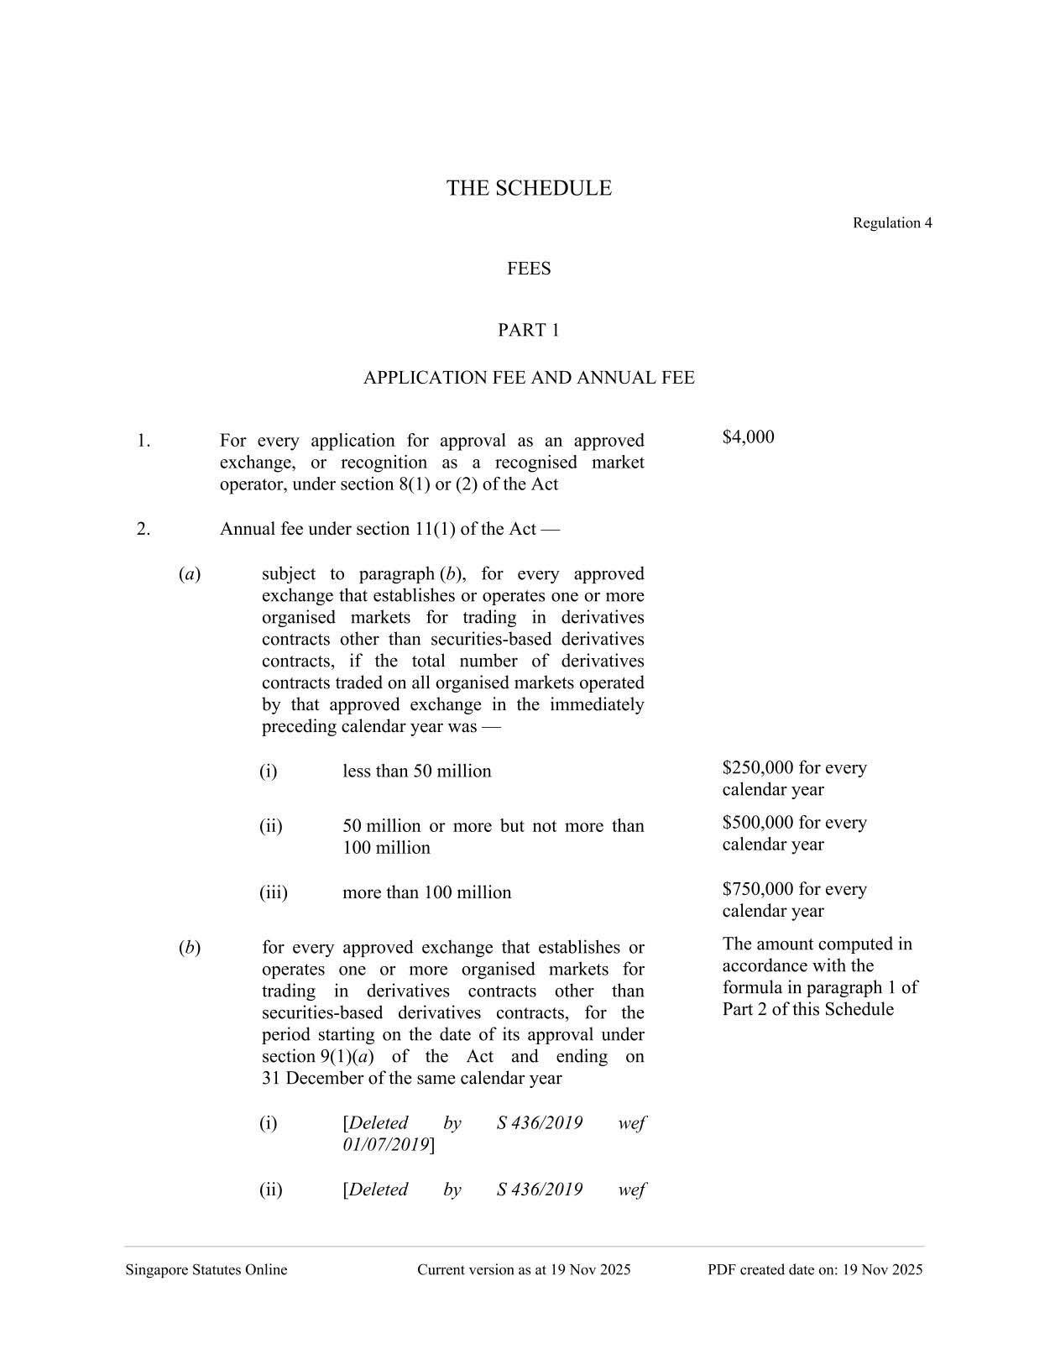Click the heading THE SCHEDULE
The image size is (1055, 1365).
pyautogui.click(x=528, y=188)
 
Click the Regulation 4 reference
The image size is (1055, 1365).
pyautogui.click(x=891, y=223)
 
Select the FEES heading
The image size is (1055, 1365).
pyautogui.click(x=529, y=269)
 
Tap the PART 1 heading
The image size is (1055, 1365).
pyautogui.click(x=529, y=331)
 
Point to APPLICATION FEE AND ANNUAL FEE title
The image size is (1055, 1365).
pyautogui.click(x=529, y=379)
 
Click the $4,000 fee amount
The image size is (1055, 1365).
pyautogui.click(x=748, y=437)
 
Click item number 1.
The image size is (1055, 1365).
pyautogui.click(x=144, y=441)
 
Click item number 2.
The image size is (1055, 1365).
pyautogui.click(x=144, y=529)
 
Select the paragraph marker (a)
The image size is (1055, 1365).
pyautogui.click(x=189, y=574)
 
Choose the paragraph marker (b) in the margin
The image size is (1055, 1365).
pyautogui.click(x=189, y=948)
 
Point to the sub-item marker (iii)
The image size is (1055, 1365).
pyautogui.click(x=273, y=892)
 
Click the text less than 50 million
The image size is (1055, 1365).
pyautogui.click(x=416, y=771)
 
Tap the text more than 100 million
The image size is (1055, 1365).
pyautogui.click(x=426, y=892)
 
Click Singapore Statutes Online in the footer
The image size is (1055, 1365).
pyautogui.click(x=206, y=1270)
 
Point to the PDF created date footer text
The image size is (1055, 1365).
pyautogui.click(x=814, y=1270)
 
